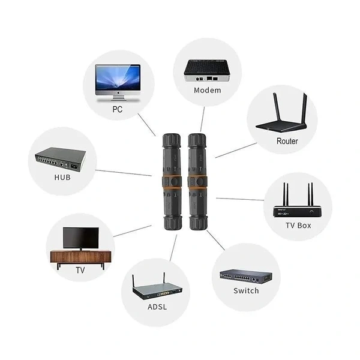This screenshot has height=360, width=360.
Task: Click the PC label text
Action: tap(118, 110)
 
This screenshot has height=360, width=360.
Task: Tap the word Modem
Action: tap(208, 91)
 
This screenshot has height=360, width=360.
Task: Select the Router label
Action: tap(287, 142)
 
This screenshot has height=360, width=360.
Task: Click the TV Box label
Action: tap(298, 226)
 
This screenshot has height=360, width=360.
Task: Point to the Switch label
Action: tap(246, 290)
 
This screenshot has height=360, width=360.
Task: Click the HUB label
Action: tap(62, 178)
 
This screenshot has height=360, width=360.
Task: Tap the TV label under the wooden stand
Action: tap(80, 271)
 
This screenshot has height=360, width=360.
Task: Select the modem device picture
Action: tap(207, 71)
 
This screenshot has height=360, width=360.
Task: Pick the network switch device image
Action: tap(245, 277)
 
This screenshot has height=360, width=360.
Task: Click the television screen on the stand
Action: tap(80, 238)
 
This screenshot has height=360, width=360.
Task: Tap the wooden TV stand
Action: tap(80, 257)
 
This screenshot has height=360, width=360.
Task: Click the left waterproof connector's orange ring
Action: tap(169, 180)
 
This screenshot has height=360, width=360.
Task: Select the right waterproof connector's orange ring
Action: tap(197, 180)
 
